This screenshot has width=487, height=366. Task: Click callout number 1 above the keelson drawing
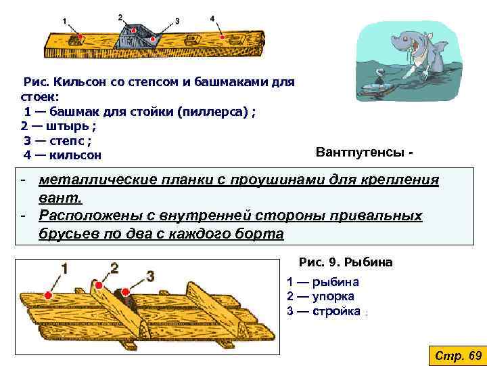tap(64, 21)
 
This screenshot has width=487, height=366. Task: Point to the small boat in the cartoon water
tap(375, 86)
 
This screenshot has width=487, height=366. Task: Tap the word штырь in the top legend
tap(70, 126)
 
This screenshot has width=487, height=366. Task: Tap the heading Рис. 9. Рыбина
tap(346, 262)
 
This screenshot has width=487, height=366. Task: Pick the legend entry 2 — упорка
tap(320, 296)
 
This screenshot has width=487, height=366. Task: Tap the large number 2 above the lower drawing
tap(114, 268)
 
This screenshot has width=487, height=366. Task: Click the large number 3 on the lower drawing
tap(150, 276)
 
